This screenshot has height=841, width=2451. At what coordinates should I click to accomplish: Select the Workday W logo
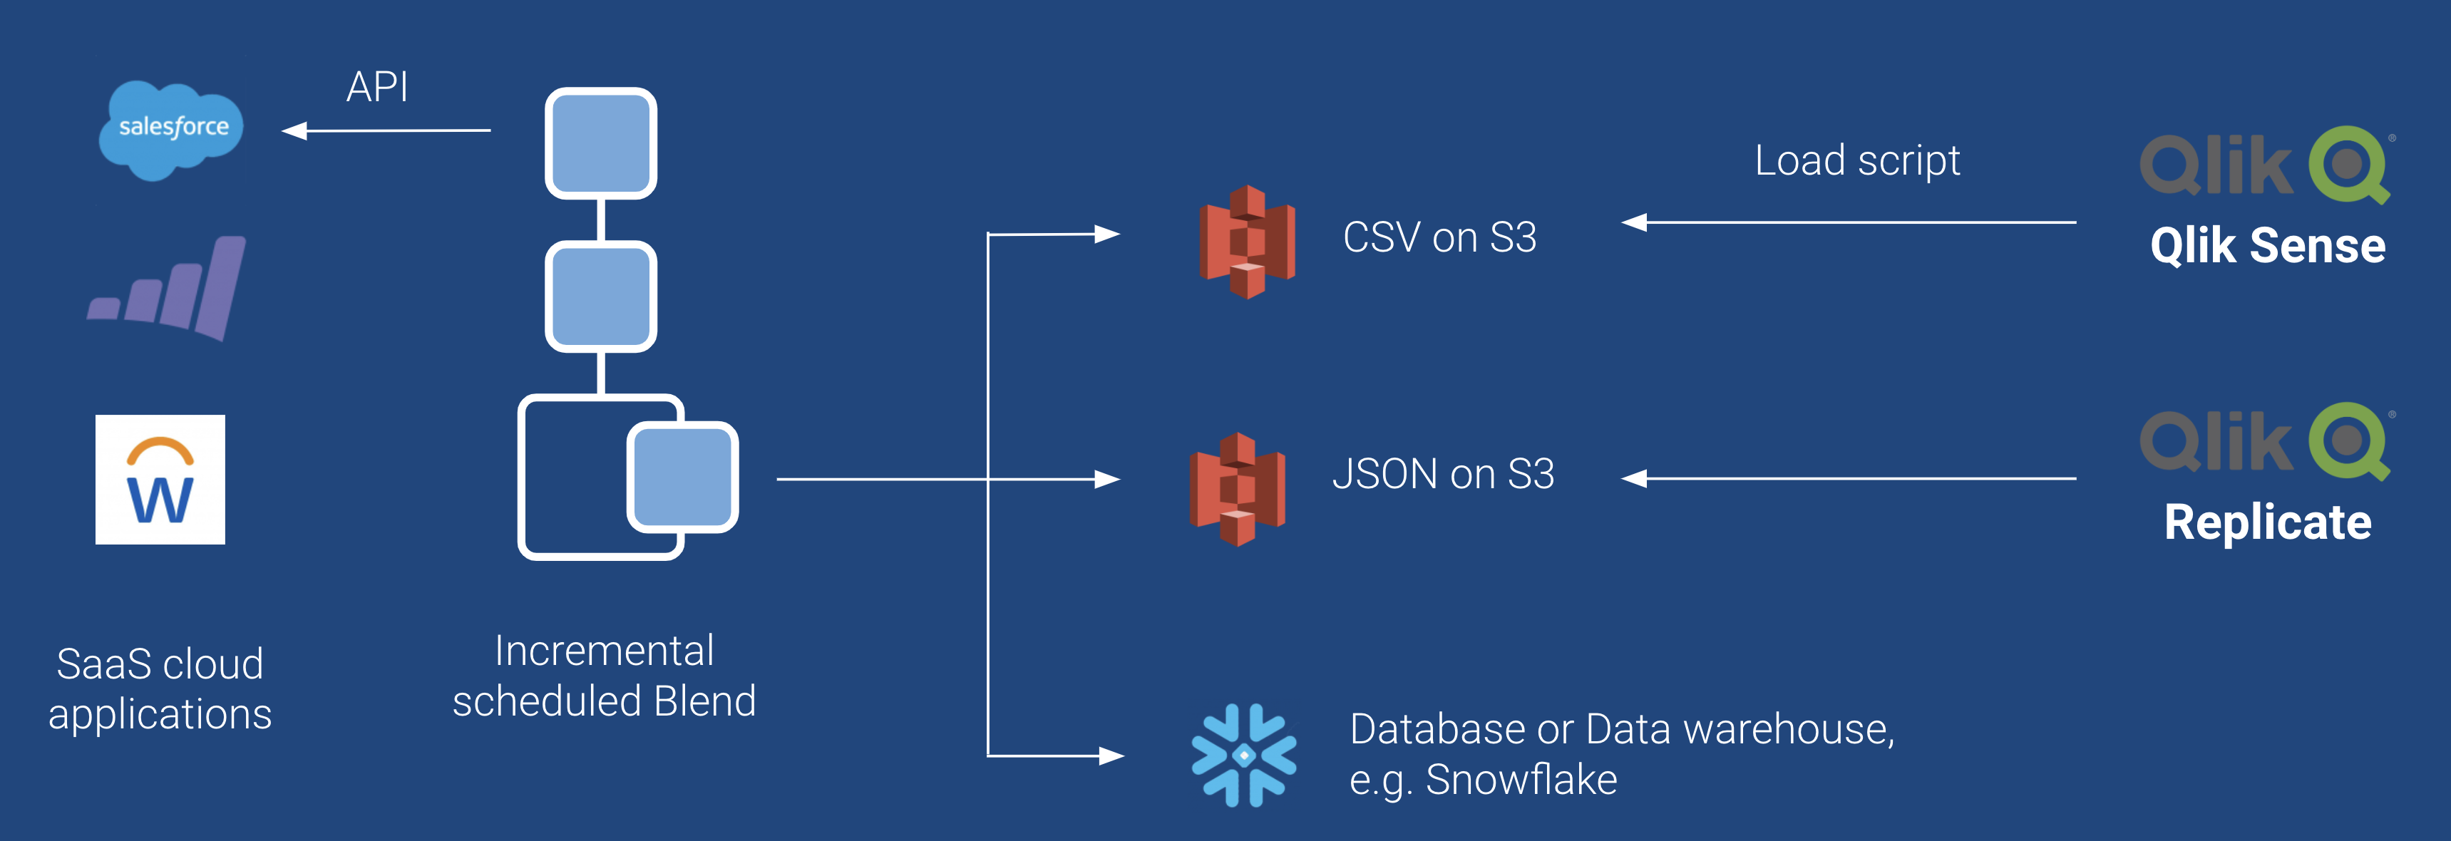tap(160, 480)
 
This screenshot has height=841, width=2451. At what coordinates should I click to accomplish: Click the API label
tap(377, 88)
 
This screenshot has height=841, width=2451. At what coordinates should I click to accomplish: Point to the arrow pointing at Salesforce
tap(386, 130)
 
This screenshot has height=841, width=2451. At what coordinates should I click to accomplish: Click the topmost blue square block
tap(600, 144)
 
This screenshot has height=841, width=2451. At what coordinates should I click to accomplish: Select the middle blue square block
tap(600, 296)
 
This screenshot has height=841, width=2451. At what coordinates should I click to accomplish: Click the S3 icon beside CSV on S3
tap(1246, 242)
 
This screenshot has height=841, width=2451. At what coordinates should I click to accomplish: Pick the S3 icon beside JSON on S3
tap(1237, 489)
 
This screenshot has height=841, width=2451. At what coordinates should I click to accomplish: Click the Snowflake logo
tap(1243, 755)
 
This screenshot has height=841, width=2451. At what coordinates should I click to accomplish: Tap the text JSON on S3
tap(1442, 474)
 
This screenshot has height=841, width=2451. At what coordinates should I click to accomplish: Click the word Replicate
tap(2267, 522)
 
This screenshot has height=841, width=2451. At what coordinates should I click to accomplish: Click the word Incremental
tap(604, 651)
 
